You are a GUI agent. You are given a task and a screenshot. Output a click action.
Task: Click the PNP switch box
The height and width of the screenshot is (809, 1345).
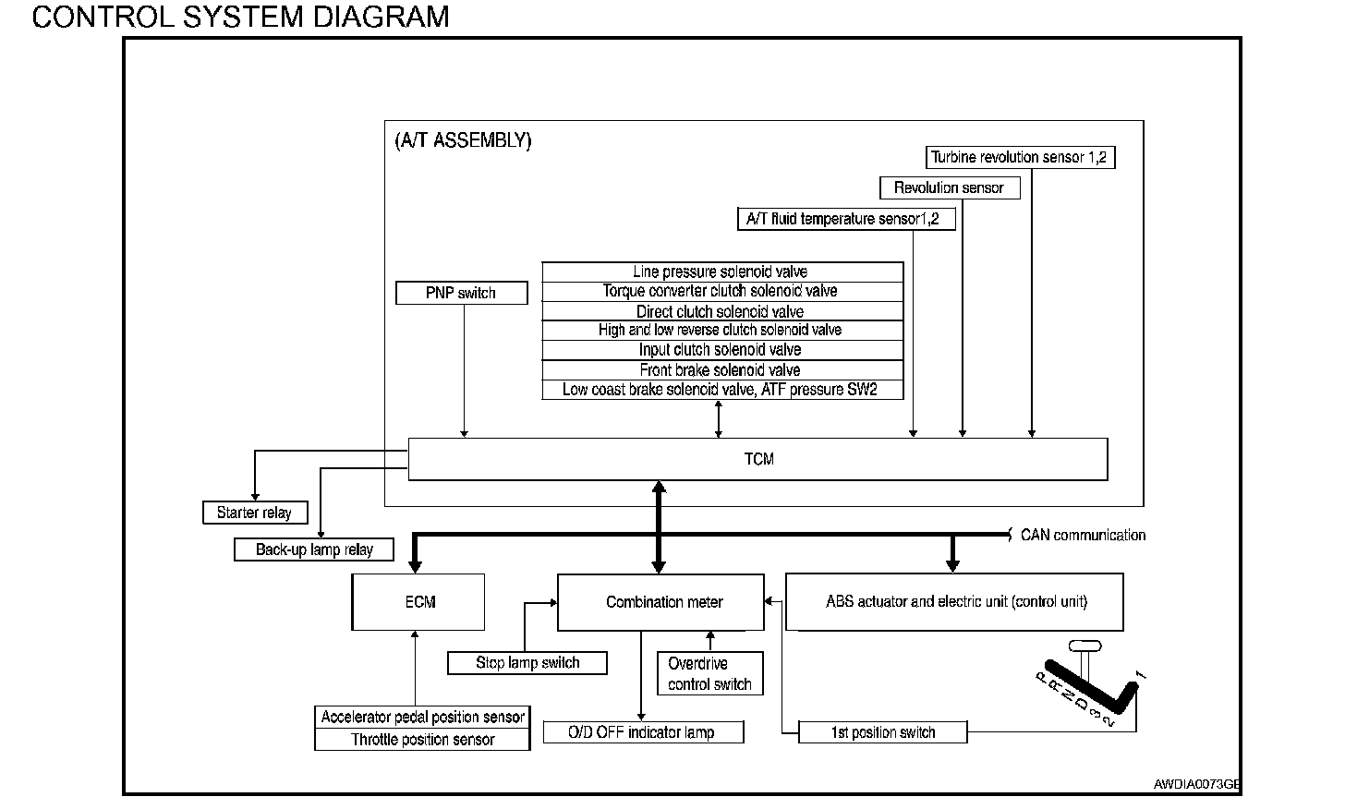tap(462, 293)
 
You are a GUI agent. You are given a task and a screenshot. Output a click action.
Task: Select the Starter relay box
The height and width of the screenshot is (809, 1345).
tap(255, 513)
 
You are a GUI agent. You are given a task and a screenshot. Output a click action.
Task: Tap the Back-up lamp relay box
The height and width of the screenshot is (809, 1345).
tap(314, 549)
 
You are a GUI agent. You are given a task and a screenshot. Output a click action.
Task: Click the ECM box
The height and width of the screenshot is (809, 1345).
tap(418, 602)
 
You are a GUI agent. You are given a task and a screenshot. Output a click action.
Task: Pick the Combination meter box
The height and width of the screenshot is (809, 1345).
tap(660, 602)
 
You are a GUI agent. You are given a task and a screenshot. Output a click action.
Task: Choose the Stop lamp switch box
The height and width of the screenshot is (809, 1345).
tap(527, 662)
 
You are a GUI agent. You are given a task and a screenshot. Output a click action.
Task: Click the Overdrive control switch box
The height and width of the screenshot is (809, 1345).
tap(710, 673)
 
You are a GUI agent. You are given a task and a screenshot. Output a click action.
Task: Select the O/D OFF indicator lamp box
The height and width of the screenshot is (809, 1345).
tap(644, 732)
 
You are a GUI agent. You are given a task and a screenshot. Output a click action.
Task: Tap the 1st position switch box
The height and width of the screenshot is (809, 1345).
tap(883, 732)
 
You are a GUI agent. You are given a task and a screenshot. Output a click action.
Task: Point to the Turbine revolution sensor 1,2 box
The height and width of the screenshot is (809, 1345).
tap(1020, 157)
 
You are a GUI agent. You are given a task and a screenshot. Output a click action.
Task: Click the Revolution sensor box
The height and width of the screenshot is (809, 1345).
tap(950, 187)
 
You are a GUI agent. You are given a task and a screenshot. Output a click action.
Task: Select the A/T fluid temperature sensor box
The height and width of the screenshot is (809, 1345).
tap(846, 219)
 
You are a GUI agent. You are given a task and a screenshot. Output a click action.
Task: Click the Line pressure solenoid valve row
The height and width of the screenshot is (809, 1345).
tap(722, 272)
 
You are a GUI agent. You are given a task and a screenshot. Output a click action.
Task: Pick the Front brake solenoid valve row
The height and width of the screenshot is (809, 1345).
tap(722, 369)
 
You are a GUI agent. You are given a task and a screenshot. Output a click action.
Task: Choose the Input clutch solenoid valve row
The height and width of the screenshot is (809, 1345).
tap(722, 350)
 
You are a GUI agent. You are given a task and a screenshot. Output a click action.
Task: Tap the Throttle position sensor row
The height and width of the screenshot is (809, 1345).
tap(423, 740)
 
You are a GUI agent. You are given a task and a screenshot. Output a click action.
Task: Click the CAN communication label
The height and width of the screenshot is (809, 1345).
tap(1083, 535)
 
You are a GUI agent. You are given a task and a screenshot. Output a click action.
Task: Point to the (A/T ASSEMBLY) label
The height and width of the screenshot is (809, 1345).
tap(463, 140)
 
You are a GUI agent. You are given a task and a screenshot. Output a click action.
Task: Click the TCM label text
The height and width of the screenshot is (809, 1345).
tap(759, 459)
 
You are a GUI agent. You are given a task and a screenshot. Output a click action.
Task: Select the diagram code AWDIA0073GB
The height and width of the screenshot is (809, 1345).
tap(1196, 784)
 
